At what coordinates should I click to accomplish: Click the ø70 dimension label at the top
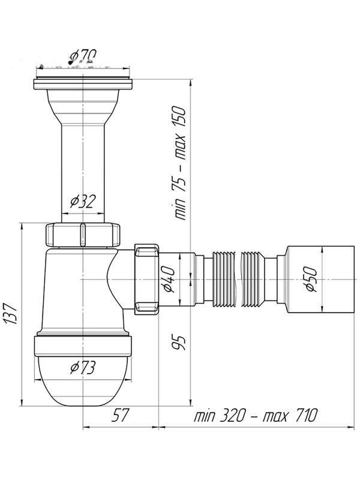pos(83,57)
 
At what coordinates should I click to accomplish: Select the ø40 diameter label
pos(170,279)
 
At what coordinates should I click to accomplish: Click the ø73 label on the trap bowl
pos(83,367)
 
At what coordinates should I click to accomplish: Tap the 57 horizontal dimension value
pos(121,415)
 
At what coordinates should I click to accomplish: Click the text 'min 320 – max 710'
pos(255,415)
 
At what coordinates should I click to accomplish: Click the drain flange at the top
pos(83,79)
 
